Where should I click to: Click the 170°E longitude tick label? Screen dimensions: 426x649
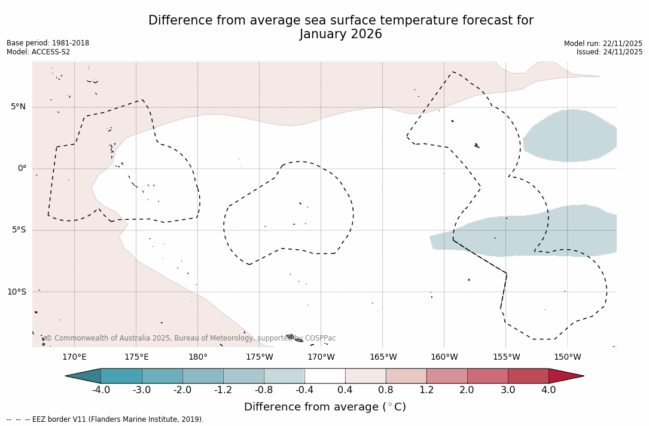click(74, 357)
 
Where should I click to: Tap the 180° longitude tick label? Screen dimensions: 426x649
click(198, 357)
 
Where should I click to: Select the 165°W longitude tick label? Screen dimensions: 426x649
click(383, 357)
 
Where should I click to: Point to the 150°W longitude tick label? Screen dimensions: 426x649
click(567, 357)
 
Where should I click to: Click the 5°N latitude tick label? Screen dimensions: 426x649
click(18, 107)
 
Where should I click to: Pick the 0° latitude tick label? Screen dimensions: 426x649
click(22, 168)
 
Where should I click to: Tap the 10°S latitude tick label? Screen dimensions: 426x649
click(16, 292)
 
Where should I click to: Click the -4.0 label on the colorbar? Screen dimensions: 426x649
click(101, 390)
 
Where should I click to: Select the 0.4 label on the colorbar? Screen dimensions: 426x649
click(345, 390)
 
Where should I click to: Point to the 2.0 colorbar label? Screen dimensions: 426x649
click(467, 390)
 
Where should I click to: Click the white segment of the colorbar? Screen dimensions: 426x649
click(325, 376)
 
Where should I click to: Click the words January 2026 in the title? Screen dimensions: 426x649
click(341, 35)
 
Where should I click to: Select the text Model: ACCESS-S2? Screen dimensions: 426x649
click(38, 52)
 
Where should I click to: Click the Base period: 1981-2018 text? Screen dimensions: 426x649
click(48, 43)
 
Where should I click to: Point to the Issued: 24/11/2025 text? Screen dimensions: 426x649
click(610, 52)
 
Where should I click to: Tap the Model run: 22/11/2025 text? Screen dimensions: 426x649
click(603, 44)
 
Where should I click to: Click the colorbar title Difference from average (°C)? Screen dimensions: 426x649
click(325, 407)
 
